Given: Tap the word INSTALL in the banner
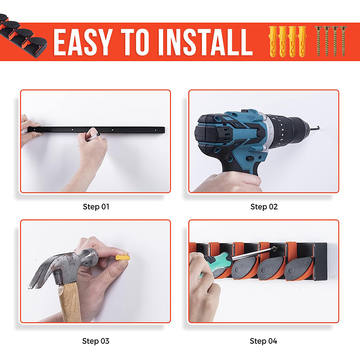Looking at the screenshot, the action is pos(205,42).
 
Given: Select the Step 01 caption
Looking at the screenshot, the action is pos(96,207).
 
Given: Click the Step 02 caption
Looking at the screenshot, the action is pos(264,207).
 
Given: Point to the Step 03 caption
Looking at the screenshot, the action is pos(96,341).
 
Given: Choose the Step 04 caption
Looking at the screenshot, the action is pos(264,341).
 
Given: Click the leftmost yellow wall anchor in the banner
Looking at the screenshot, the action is pos(273,41).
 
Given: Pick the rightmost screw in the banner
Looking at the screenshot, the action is pos(343,41).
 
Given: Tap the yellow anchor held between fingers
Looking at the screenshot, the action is pos(122,257).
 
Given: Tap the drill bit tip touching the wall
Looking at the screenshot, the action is pos(318,127).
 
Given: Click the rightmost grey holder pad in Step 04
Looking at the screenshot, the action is pos(298,269).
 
